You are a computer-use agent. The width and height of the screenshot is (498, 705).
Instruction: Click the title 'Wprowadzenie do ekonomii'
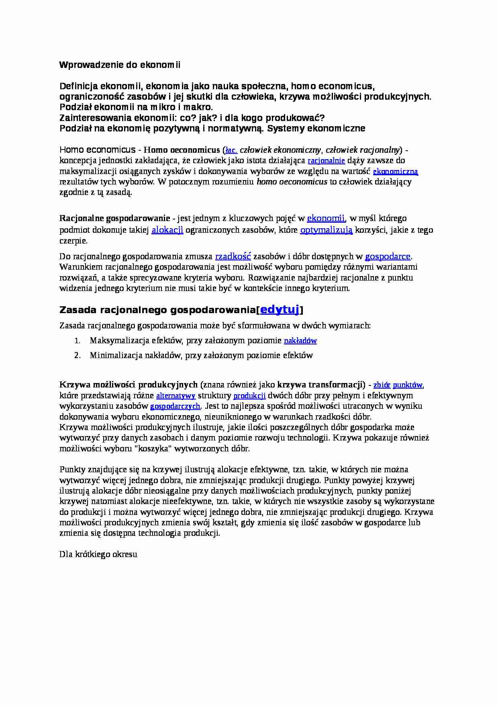click(x=120, y=65)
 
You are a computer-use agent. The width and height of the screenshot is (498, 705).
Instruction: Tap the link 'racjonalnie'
click(x=326, y=161)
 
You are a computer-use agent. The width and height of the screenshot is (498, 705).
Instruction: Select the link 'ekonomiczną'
click(x=396, y=172)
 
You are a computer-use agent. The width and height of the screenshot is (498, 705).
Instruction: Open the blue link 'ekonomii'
click(x=326, y=218)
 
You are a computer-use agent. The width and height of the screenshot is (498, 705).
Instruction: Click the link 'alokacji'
click(x=167, y=230)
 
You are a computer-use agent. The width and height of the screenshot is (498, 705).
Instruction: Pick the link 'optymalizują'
click(x=326, y=230)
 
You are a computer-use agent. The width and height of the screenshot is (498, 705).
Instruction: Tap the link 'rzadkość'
click(x=233, y=256)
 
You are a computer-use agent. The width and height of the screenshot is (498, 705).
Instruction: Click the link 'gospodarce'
click(x=388, y=256)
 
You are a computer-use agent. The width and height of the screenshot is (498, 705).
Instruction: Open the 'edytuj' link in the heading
click(x=280, y=309)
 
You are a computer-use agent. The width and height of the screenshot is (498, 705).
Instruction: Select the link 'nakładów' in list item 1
click(x=300, y=341)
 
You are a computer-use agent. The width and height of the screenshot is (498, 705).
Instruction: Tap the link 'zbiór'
click(x=382, y=385)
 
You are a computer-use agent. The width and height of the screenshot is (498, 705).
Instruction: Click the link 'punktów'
click(x=407, y=385)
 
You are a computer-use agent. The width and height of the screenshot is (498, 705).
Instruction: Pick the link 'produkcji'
click(x=249, y=396)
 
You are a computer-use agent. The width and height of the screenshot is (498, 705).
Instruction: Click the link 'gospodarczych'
click(x=175, y=406)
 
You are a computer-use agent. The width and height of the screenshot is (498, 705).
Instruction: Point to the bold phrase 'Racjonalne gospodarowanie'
click(x=115, y=218)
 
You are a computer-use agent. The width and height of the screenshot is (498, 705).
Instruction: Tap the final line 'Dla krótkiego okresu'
click(x=98, y=554)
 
